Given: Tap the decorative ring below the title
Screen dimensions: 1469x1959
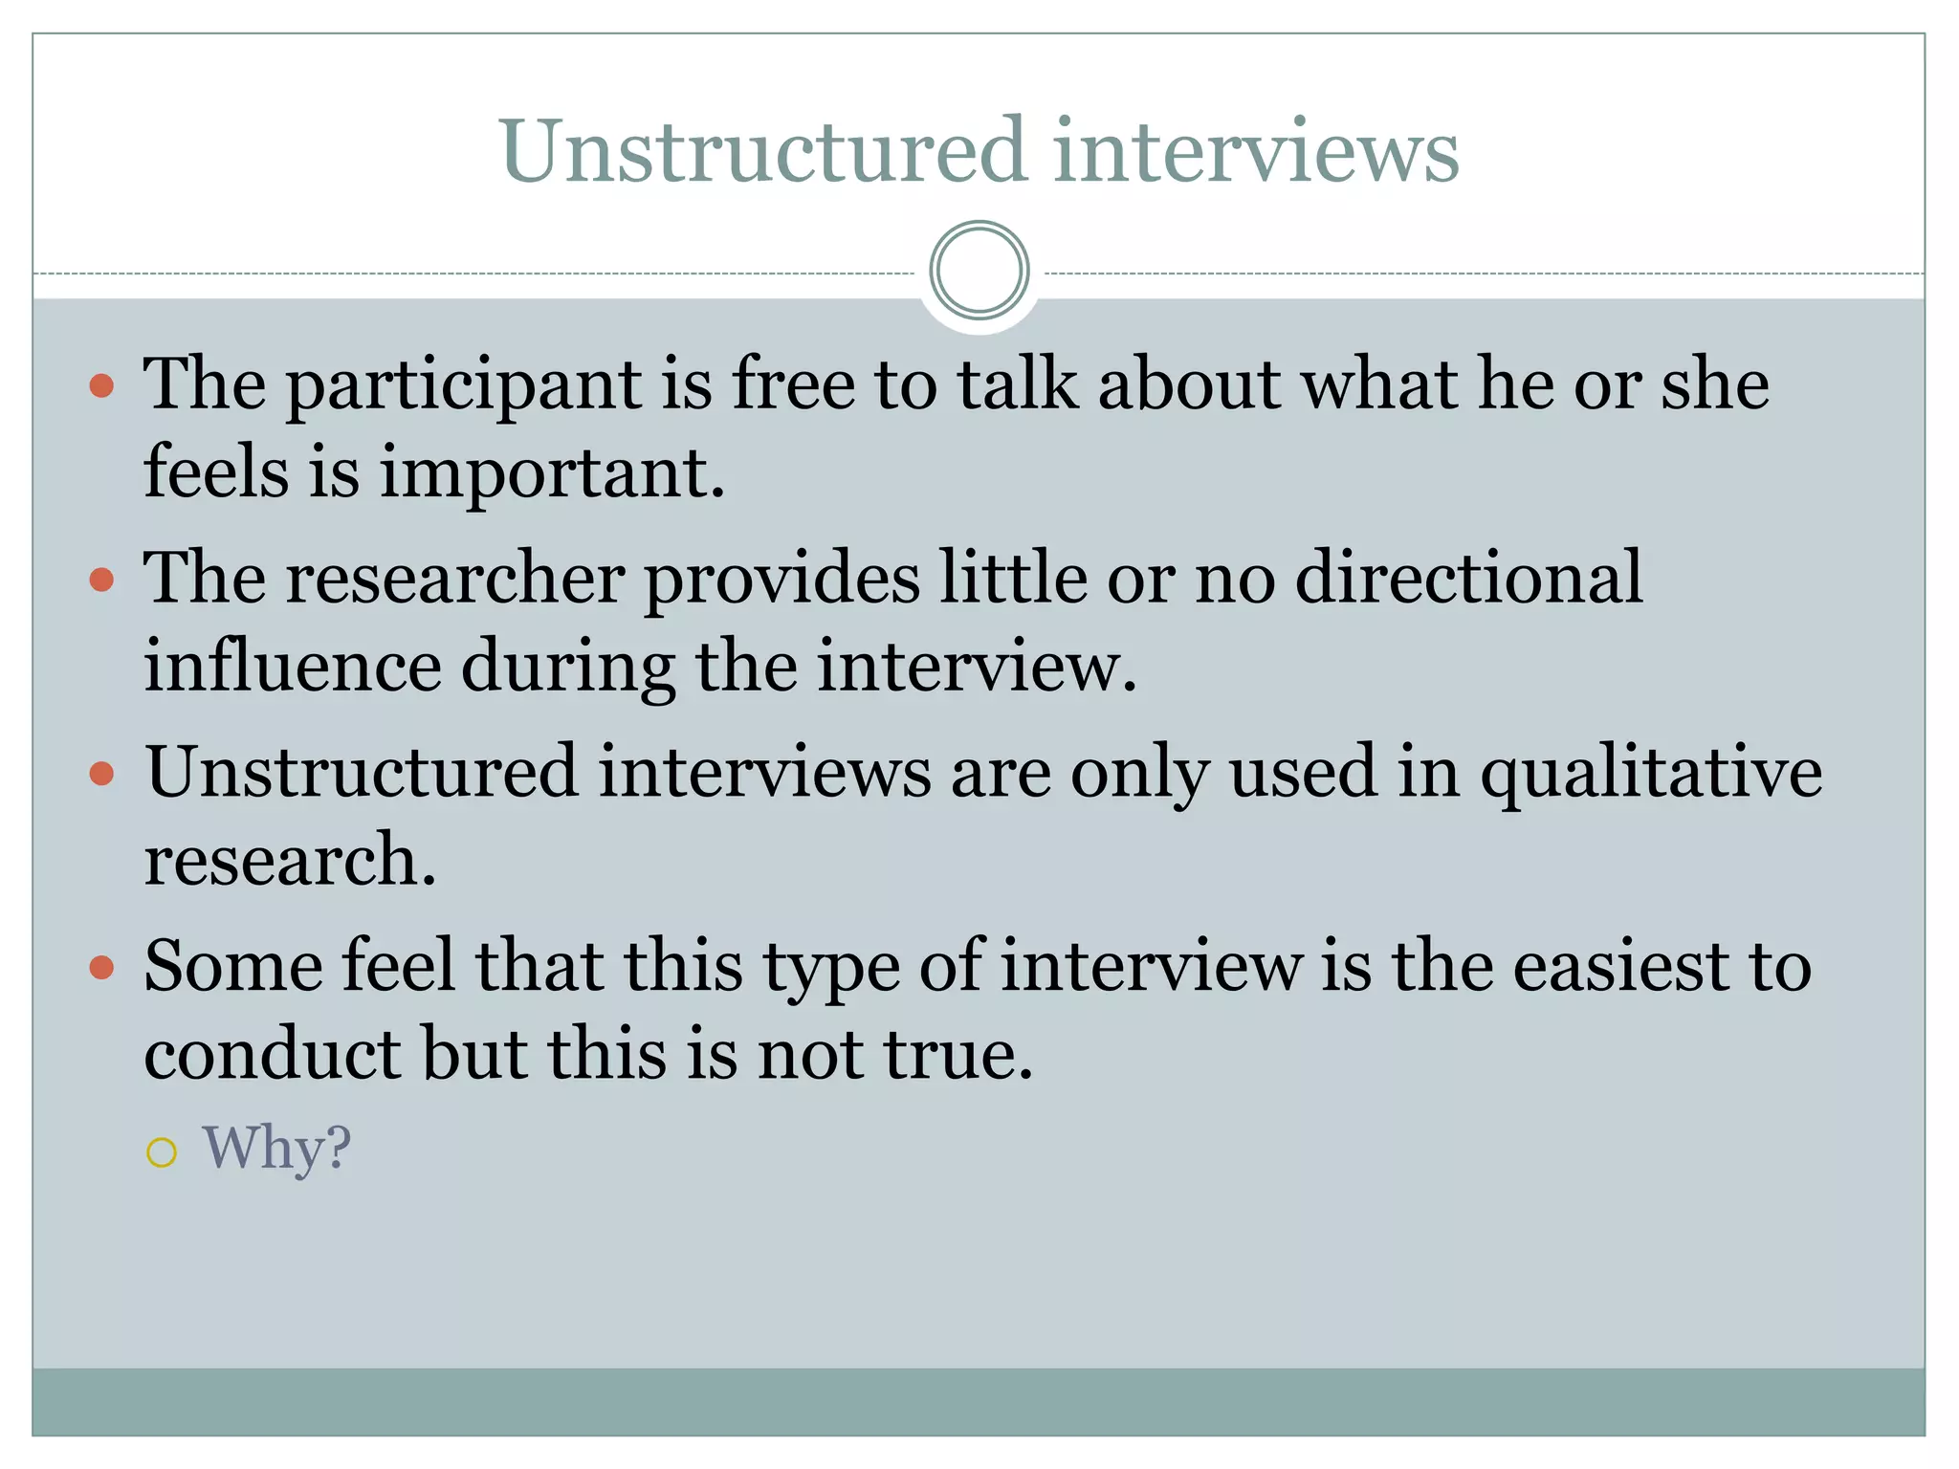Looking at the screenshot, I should (x=979, y=270).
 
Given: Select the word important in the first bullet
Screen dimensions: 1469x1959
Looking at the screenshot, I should (x=552, y=473).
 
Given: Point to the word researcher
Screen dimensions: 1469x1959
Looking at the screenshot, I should (x=454, y=579).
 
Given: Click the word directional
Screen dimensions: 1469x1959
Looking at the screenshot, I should (x=1468, y=579).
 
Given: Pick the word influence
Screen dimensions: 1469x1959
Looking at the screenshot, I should (x=292, y=666).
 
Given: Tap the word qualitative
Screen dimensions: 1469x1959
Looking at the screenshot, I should (x=1651, y=773).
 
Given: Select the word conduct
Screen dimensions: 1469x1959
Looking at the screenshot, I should (x=273, y=1054).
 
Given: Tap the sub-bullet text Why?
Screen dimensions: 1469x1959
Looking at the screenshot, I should (x=276, y=1148).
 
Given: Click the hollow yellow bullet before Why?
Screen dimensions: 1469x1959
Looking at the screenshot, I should (x=162, y=1152).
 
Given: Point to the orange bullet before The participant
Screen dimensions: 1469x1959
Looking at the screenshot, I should (x=101, y=385).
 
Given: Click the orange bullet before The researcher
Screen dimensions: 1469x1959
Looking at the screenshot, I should (x=101, y=580).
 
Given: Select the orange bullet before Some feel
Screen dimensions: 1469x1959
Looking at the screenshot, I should (x=101, y=968).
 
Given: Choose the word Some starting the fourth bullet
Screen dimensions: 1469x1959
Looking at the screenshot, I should (x=233, y=967).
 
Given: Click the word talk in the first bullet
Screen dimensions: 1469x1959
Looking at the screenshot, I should (x=1018, y=385).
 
